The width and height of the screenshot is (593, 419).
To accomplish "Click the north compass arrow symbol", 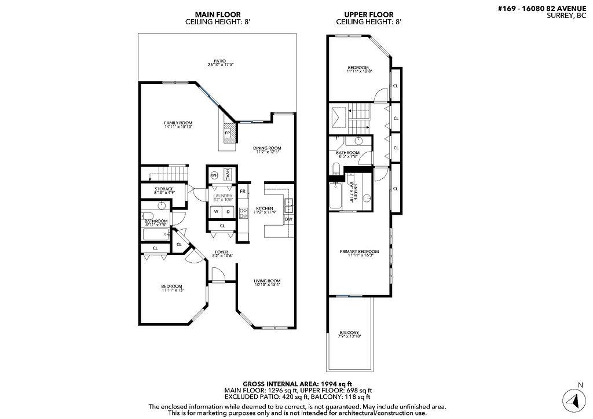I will [x=572, y=400].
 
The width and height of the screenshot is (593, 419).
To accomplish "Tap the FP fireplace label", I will [x=228, y=133].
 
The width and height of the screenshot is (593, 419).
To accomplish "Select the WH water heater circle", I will [x=214, y=175].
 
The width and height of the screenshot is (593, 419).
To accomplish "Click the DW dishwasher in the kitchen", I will [x=288, y=219].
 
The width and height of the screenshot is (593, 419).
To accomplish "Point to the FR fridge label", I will [x=243, y=191].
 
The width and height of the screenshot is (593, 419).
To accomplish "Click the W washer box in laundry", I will [x=215, y=211].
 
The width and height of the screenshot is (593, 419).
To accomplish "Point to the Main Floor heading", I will [x=218, y=14].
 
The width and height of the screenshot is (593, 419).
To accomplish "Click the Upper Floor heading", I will [x=369, y=14].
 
